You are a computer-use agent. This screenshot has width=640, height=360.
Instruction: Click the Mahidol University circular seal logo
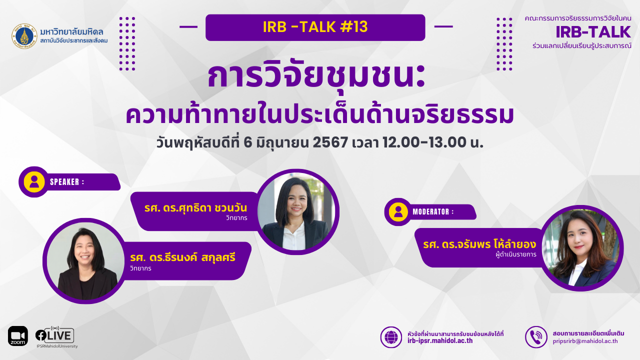(x=24, y=36)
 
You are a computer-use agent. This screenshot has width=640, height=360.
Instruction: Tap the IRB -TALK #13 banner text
(x=315, y=27)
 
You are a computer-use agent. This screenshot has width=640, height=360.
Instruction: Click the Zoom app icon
(x=18, y=336)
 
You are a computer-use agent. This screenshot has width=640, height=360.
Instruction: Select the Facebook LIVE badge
(x=55, y=335)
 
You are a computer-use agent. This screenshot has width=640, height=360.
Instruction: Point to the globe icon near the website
(x=391, y=337)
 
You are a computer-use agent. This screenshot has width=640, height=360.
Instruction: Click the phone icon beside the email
(x=536, y=337)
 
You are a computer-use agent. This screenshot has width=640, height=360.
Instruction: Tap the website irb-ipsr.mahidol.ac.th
(x=440, y=341)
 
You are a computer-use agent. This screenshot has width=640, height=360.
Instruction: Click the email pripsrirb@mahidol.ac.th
(x=585, y=341)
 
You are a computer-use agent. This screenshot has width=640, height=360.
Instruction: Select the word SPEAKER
(x=64, y=182)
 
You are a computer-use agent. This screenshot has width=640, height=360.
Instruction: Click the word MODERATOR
(x=431, y=211)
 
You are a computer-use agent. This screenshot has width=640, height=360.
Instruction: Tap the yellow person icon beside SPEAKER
(x=34, y=181)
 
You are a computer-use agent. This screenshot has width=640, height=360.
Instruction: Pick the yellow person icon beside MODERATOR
(x=398, y=211)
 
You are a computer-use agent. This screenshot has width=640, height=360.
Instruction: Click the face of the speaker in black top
(x=84, y=252)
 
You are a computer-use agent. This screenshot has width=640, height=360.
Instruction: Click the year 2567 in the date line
(x=330, y=142)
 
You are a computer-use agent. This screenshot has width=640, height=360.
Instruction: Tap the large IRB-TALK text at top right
(x=593, y=32)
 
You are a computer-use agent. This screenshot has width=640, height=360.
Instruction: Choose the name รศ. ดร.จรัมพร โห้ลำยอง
(x=479, y=244)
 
